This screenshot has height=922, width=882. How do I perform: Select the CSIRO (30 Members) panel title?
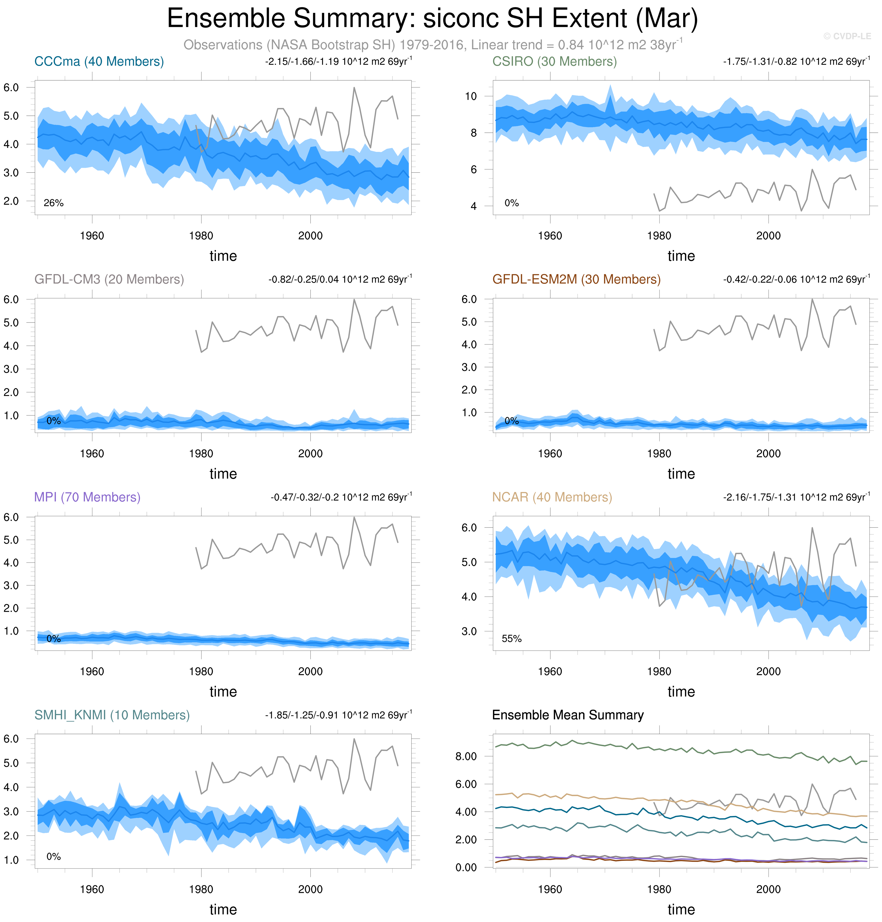(x=554, y=62)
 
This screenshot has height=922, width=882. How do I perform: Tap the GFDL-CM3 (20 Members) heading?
(x=109, y=279)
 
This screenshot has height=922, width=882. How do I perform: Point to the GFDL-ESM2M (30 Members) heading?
(x=576, y=279)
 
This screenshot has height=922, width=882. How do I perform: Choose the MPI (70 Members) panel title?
(x=87, y=497)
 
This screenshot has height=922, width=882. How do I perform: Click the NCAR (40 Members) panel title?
(x=552, y=497)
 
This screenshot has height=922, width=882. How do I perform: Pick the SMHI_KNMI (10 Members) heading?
(x=112, y=715)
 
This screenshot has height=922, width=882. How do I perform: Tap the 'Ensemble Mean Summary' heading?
(x=568, y=715)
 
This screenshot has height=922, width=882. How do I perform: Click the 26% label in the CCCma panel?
(x=53, y=203)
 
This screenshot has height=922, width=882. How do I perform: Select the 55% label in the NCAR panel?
(x=511, y=639)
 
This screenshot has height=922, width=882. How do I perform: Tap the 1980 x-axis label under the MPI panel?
(x=201, y=671)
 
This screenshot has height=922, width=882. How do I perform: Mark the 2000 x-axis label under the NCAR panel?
(x=768, y=671)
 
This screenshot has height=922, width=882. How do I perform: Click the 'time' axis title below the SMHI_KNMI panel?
(x=223, y=909)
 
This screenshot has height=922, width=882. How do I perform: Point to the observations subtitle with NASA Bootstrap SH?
(x=433, y=45)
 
